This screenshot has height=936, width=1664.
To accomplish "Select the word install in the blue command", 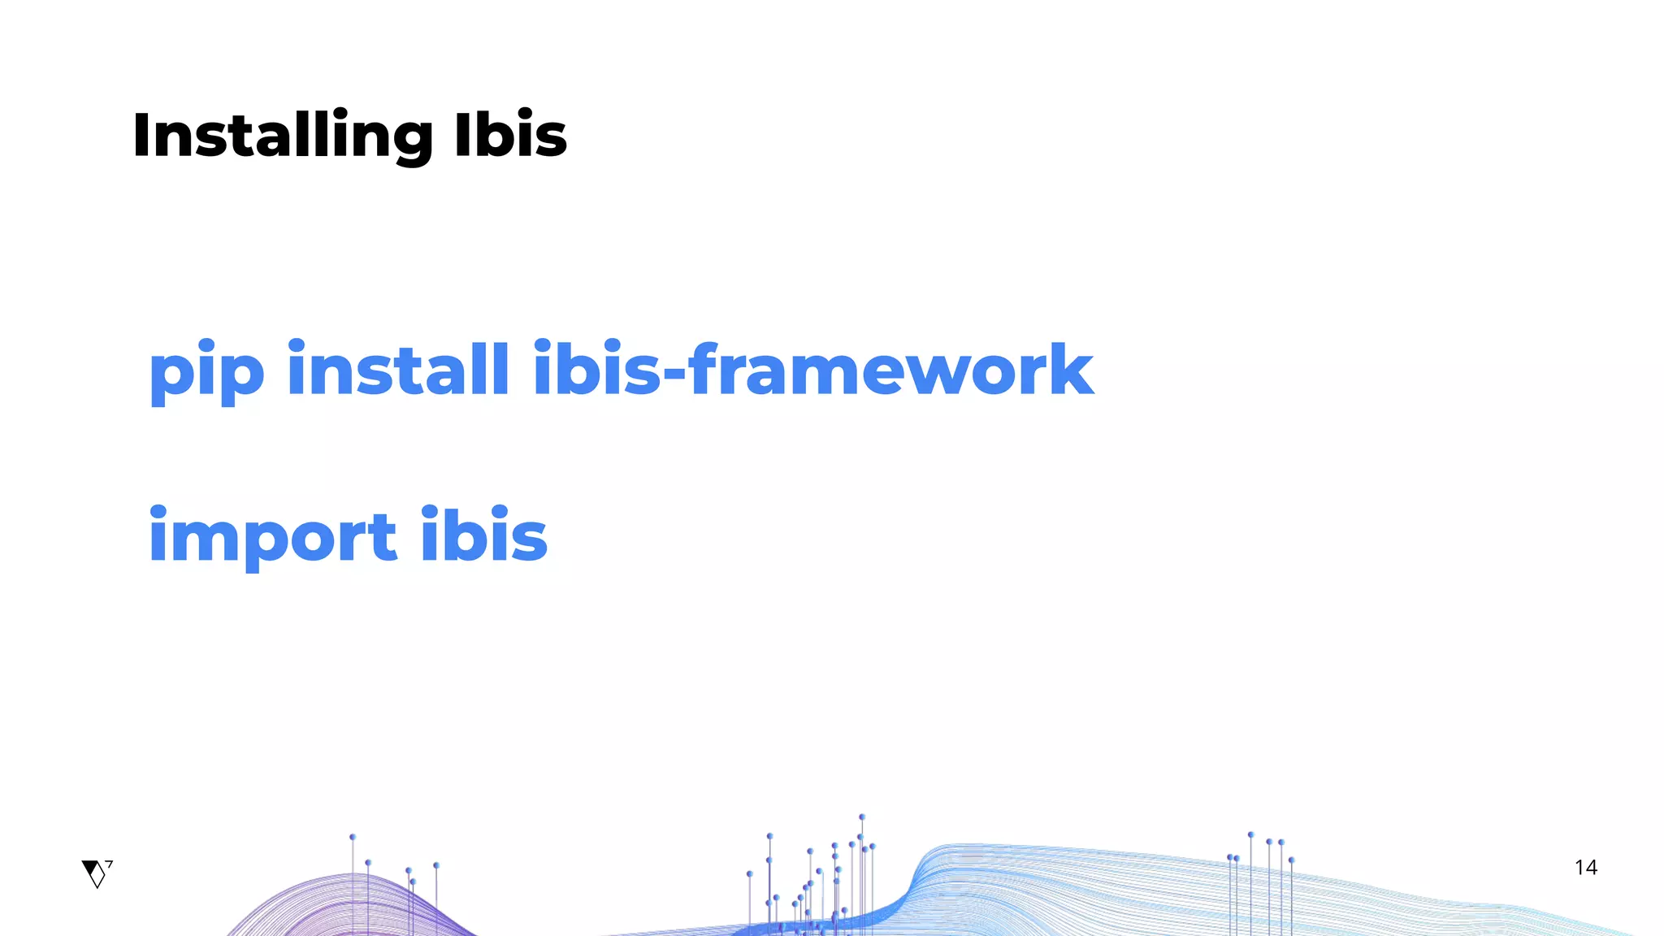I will click(x=398, y=370).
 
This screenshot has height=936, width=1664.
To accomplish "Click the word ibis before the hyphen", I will click(x=597, y=370).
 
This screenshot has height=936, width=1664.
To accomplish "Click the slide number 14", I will click(x=1585, y=868).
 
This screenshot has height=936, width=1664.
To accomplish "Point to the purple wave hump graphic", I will click(x=351, y=906).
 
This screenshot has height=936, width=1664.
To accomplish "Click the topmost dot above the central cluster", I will click(x=862, y=817).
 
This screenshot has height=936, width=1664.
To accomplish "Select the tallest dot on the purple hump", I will click(x=353, y=837).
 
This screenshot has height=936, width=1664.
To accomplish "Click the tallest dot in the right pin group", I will click(x=1250, y=834).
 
